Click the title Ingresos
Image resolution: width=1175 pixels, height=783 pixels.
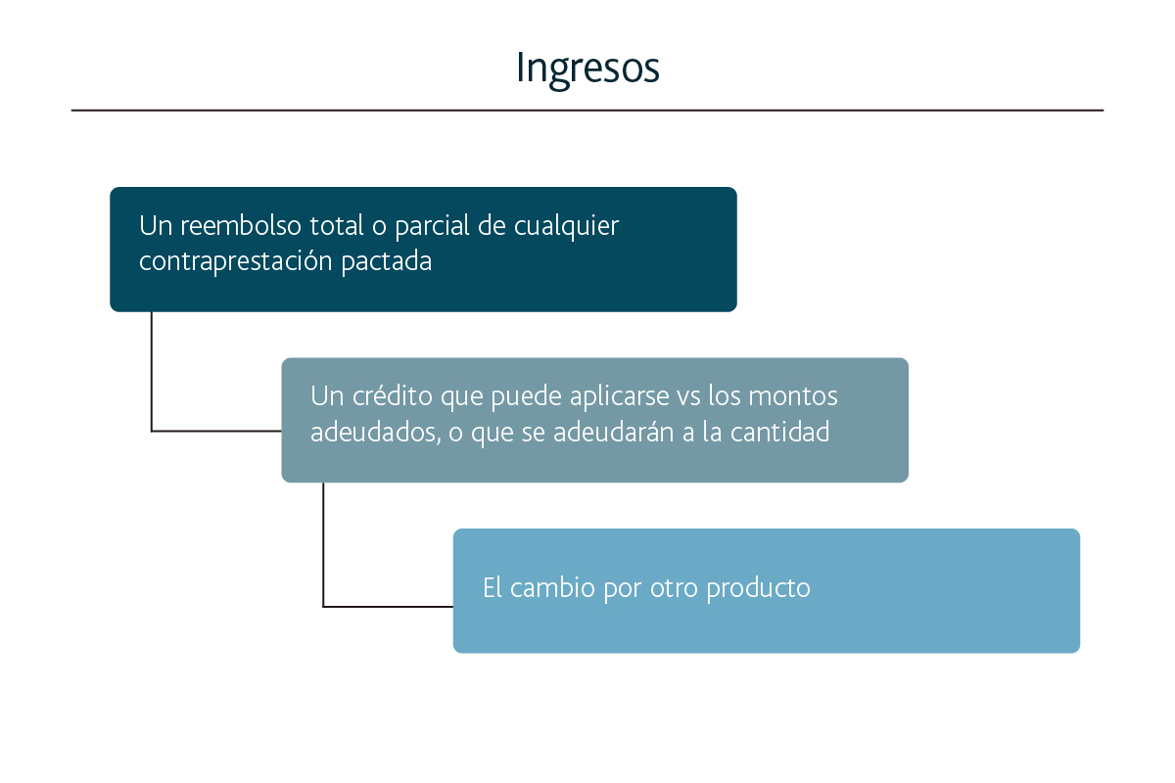pyautogui.click(x=587, y=69)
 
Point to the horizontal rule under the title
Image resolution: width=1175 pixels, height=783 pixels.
pyautogui.click(x=587, y=111)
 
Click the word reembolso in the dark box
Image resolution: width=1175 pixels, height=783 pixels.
pyautogui.click(x=241, y=225)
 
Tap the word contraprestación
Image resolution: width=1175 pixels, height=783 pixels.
pyautogui.click(x=236, y=261)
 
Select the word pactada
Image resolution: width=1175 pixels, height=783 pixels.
pyautogui.click(x=387, y=261)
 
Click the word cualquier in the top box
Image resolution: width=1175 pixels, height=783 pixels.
pyautogui.click(x=567, y=226)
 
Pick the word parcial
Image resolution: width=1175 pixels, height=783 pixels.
pyautogui.click(x=432, y=226)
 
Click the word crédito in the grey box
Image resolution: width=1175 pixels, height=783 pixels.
pyautogui.click(x=393, y=395)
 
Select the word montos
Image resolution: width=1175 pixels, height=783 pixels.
pyautogui.click(x=792, y=396)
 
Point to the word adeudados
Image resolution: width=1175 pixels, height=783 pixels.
pyautogui.click(x=376, y=433)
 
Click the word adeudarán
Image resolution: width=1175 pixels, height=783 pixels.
pyautogui.click(x=614, y=432)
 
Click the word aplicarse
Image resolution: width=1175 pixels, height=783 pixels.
pyautogui.click(x=620, y=396)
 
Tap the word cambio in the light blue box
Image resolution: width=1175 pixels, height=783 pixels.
pyautogui.click(x=552, y=587)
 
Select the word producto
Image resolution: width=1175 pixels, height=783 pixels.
pyautogui.click(x=759, y=589)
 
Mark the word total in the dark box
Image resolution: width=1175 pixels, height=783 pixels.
pyautogui.click(x=337, y=225)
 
